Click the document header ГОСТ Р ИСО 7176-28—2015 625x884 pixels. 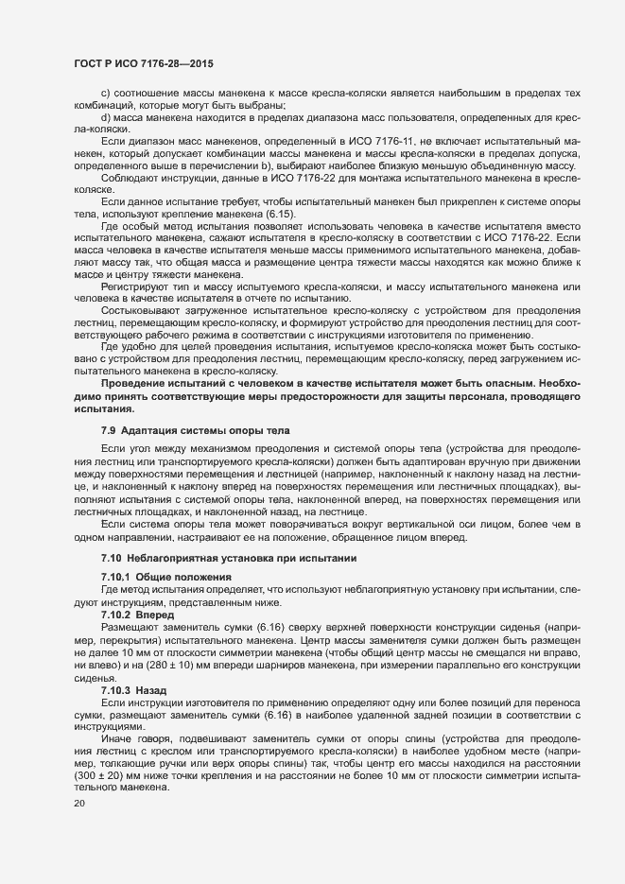[143, 63]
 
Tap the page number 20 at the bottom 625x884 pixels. [79, 804]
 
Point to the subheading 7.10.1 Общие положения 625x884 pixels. [163, 576]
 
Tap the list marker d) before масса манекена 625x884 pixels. [106, 116]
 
